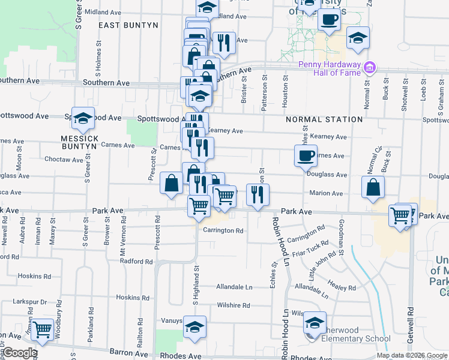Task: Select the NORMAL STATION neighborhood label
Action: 324,119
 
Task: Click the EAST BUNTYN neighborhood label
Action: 128,25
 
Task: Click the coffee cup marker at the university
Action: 328,19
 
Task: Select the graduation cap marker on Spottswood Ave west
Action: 83,118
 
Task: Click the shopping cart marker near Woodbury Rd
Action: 41,329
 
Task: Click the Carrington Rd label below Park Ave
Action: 223,230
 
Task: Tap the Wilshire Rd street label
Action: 233,305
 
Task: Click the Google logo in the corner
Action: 20,353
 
